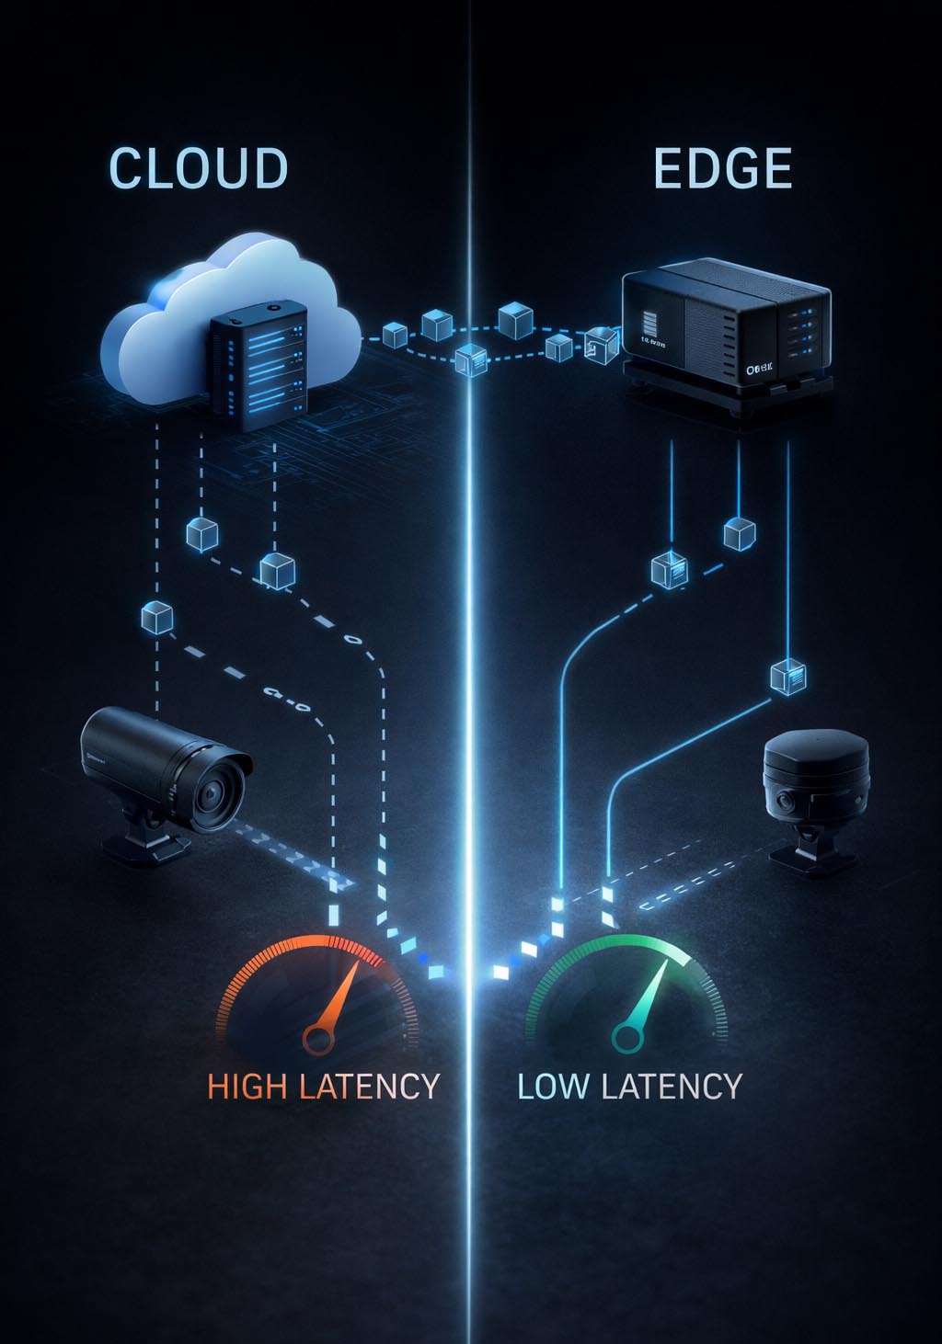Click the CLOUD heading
click(199, 168)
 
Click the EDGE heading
click(722, 168)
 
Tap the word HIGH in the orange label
click(247, 1087)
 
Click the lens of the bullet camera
click(217, 790)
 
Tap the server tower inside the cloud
click(258, 372)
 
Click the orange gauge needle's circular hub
click(318, 1040)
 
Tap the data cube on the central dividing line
click(471, 359)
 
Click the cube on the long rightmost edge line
click(787, 677)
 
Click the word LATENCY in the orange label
click(369, 1087)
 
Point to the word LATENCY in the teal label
click(671, 1087)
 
